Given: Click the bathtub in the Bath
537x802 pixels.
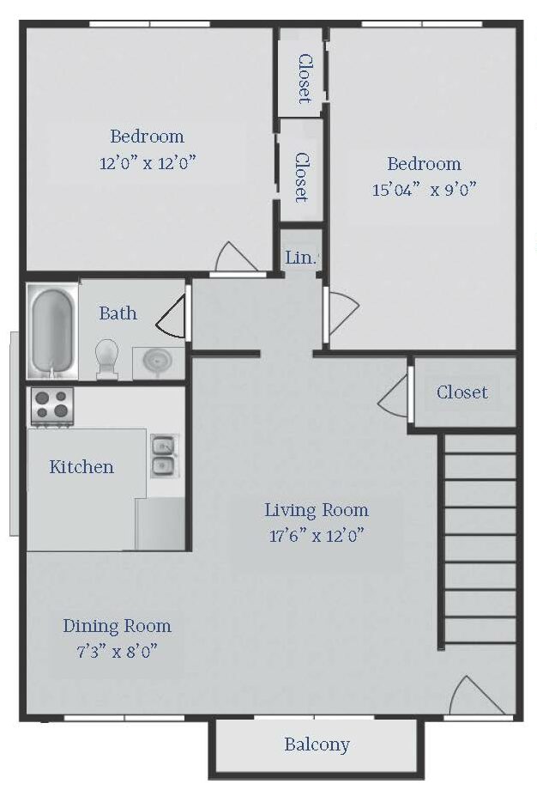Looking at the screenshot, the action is [52, 331].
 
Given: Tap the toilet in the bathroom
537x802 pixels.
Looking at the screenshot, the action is [106, 359].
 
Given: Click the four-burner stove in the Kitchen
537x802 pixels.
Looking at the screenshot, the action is [52, 406].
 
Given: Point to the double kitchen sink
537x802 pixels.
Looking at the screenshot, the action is [165, 456].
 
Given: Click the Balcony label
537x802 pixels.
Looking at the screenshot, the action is [317, 744].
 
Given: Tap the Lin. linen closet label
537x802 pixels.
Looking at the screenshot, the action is [301, 258].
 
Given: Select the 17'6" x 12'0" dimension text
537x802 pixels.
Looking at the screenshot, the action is [317, 536].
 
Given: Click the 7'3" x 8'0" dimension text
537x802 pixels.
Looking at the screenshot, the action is [117, 652].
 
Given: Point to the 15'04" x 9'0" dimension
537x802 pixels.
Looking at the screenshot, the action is [424, 190].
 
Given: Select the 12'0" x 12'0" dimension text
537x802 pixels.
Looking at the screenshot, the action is [148, 163].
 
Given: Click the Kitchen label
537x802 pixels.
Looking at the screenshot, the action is [81, 466].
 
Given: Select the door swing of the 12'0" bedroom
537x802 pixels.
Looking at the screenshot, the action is [235, 257].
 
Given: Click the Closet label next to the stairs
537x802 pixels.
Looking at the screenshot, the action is [462, 392].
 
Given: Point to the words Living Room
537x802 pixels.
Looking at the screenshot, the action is [317, 510].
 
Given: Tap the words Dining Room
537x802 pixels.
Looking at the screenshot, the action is [117, 626].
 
